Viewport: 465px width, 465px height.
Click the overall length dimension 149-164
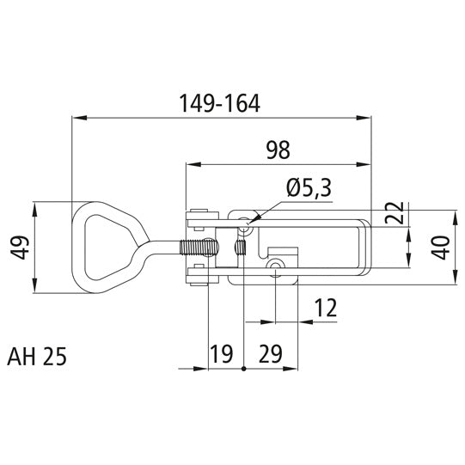click(x=219, y=102)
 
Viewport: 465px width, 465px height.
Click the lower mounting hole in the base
click(x=274, y=270)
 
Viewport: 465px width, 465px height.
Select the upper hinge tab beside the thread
click(x=199, y=217)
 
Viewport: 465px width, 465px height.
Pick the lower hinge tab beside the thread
click(x=199, y=275)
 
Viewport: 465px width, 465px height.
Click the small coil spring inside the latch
click(x=241, y=248)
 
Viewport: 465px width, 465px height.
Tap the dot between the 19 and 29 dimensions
click(x=245, y=370)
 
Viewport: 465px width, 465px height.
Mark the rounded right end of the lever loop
click(x=368, y=248)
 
